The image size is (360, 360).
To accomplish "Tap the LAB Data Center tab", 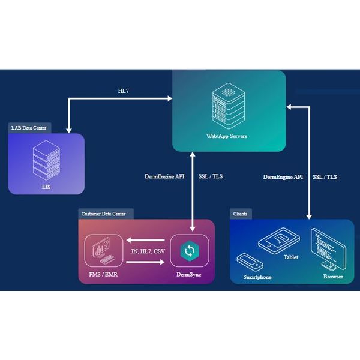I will [30, 128].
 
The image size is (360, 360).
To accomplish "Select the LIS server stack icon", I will [46, 159].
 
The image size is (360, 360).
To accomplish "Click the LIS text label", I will [46, 187].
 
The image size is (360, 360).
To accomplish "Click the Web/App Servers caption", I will [227, 136].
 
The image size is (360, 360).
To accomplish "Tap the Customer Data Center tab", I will [106, 214].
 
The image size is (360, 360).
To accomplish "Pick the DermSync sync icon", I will [189, 251].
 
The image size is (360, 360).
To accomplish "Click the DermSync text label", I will [189, 275].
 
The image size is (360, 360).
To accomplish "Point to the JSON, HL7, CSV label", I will [147, 251].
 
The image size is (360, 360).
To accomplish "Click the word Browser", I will [333, 277].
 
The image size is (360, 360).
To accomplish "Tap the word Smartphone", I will [257, 277].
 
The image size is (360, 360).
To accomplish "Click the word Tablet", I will [291, 257].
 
